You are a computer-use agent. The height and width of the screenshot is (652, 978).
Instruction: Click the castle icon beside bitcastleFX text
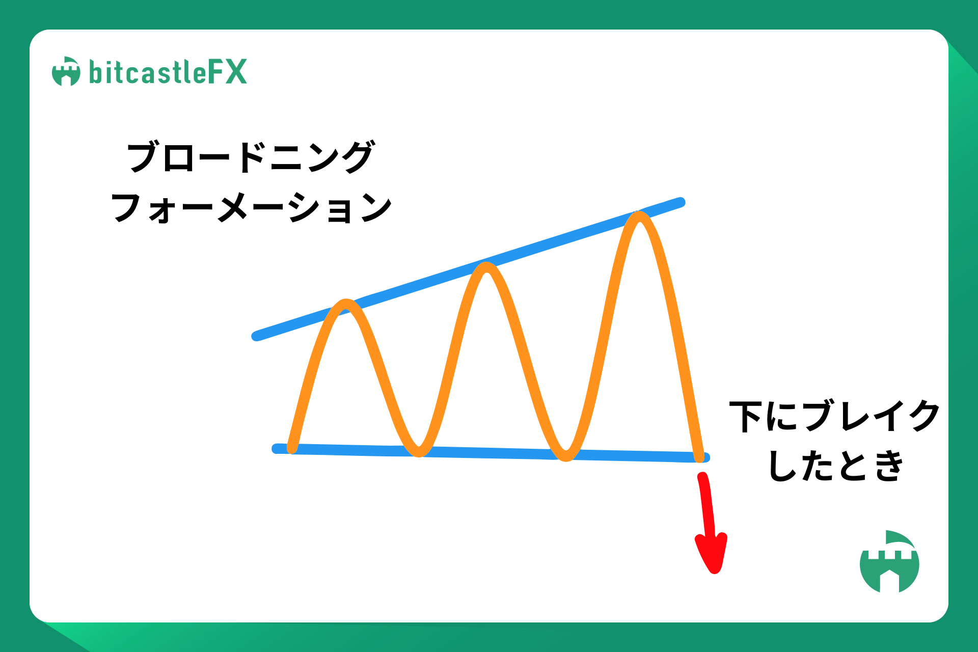66,71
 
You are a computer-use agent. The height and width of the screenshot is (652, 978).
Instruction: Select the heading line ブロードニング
251,157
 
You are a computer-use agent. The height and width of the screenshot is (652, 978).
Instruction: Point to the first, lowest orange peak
347,304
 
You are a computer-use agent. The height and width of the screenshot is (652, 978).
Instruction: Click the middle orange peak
487,267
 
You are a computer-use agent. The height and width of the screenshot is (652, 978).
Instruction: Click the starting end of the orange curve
292,448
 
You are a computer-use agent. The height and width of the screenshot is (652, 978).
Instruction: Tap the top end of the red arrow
703,477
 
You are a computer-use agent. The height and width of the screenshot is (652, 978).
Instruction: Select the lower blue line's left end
277,448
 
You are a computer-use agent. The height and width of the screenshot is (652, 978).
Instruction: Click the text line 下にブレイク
834,416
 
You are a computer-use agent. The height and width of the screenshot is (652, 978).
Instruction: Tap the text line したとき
835,466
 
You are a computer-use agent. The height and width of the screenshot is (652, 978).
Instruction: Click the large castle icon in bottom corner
889,561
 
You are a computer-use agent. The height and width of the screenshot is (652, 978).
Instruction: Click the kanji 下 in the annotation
746,417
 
